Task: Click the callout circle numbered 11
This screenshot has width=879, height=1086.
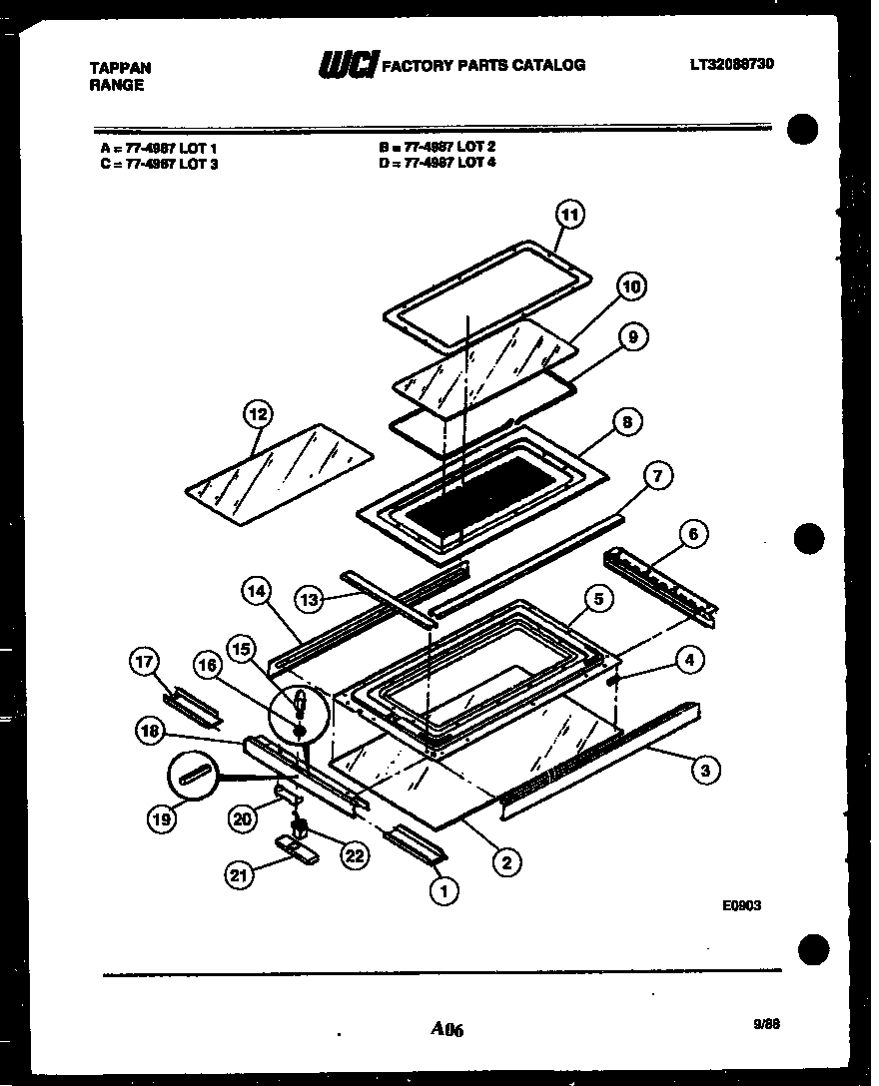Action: click(x=569, y=215)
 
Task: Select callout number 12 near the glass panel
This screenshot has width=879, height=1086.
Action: click(x=257, y=412)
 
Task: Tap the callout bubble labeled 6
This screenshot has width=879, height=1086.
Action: click(x=693, y=534)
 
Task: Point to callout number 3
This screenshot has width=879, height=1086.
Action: click(x=705, y=769)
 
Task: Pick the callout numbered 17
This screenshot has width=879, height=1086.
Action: click(x=145, y=661)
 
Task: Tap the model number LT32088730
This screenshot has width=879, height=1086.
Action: click(x=731, y=64)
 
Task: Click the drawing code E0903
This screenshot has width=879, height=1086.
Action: click(x=742, y=906)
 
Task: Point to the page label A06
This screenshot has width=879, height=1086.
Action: click(x=447, y=1029)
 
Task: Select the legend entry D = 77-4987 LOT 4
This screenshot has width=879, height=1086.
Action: click(x=437, y=162)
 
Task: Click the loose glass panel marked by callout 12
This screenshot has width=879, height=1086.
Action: click(x=280, y=473)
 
